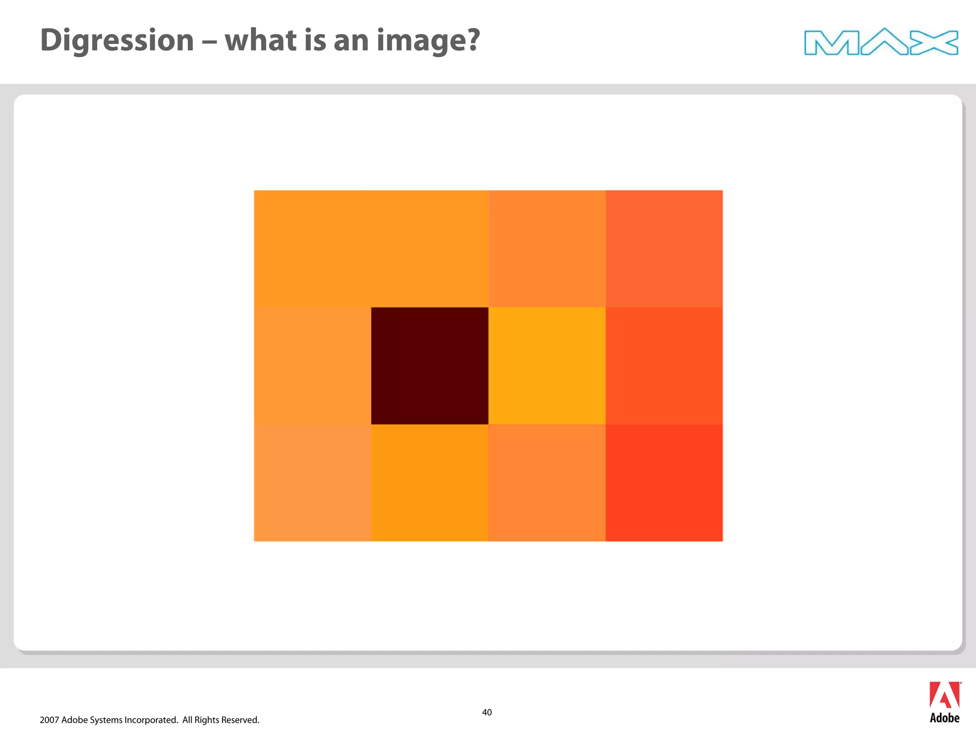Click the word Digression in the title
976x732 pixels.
[117, 41]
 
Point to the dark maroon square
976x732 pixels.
[429, 366]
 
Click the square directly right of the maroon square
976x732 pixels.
[547, 366]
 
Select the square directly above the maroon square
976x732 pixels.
[429, 248]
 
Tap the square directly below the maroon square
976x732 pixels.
[429, 482]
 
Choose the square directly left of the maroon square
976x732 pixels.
[312, 366]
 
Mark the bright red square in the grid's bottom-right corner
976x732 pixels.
[664, 482]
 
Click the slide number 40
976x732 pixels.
[487, 712]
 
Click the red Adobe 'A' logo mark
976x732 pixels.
[944, 695]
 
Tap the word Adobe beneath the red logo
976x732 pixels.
[945, 718]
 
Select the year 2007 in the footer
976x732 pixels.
[49, 720]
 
